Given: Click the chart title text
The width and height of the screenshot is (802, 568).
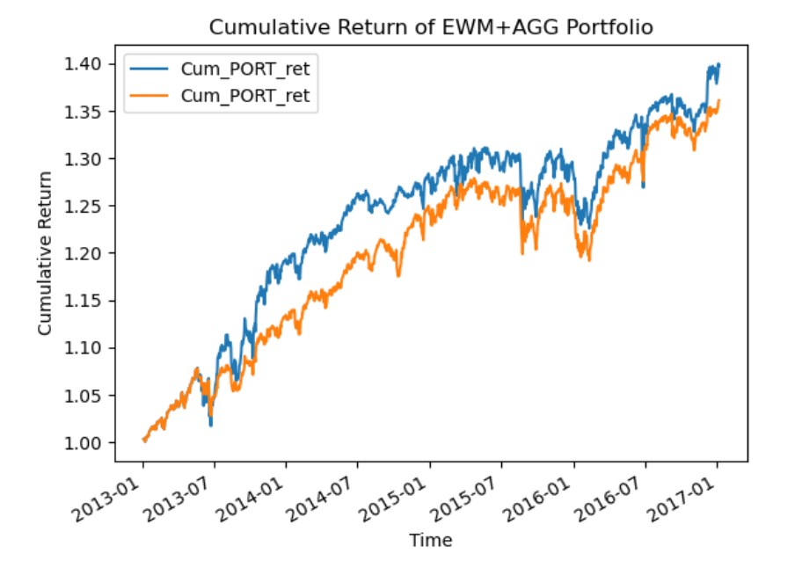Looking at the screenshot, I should pos(431,27).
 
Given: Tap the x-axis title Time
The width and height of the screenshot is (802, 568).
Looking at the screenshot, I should pos(431,541).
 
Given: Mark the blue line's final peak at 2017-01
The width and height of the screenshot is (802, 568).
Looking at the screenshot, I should pos(718,64).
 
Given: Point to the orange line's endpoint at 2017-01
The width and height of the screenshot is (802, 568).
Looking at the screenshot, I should pos(718,101).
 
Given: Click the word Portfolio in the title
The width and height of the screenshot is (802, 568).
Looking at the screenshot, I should pos(620,27).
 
